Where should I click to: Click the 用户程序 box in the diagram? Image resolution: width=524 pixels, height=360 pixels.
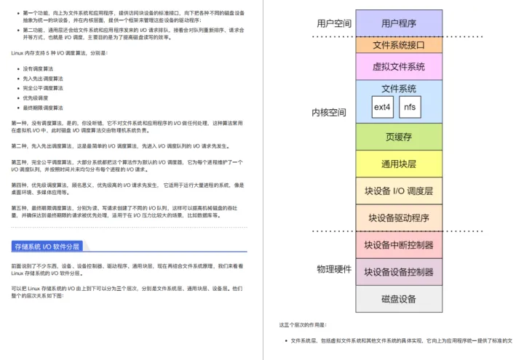click(399, 23)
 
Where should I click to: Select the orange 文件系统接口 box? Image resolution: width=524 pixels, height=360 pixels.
click(399, 44)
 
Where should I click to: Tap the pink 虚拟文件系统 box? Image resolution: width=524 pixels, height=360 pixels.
click(399, 66)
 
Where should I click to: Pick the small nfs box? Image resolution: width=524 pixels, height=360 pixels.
click(411, 107)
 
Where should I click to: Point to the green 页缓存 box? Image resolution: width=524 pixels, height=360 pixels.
click(399, 137)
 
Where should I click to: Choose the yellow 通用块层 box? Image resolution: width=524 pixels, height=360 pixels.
click(399, 164)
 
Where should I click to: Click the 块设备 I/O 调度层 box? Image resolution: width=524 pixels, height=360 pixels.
click(399, 191)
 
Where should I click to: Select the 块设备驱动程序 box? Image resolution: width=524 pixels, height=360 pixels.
click(399, 217)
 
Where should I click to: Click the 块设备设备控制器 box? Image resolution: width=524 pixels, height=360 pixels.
click(399, 272)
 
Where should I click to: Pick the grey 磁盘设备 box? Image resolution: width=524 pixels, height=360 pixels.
click(399, 299)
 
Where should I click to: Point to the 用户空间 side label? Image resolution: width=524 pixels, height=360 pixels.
click(333, 23)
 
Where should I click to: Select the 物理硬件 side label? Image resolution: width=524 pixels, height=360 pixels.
click(334, 268)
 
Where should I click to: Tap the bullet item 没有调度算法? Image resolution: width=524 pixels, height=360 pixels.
click(44, 68)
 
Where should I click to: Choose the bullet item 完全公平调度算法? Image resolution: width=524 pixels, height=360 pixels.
click(48, 87)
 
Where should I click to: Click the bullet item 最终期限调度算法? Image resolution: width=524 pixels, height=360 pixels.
click(48, 106)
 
